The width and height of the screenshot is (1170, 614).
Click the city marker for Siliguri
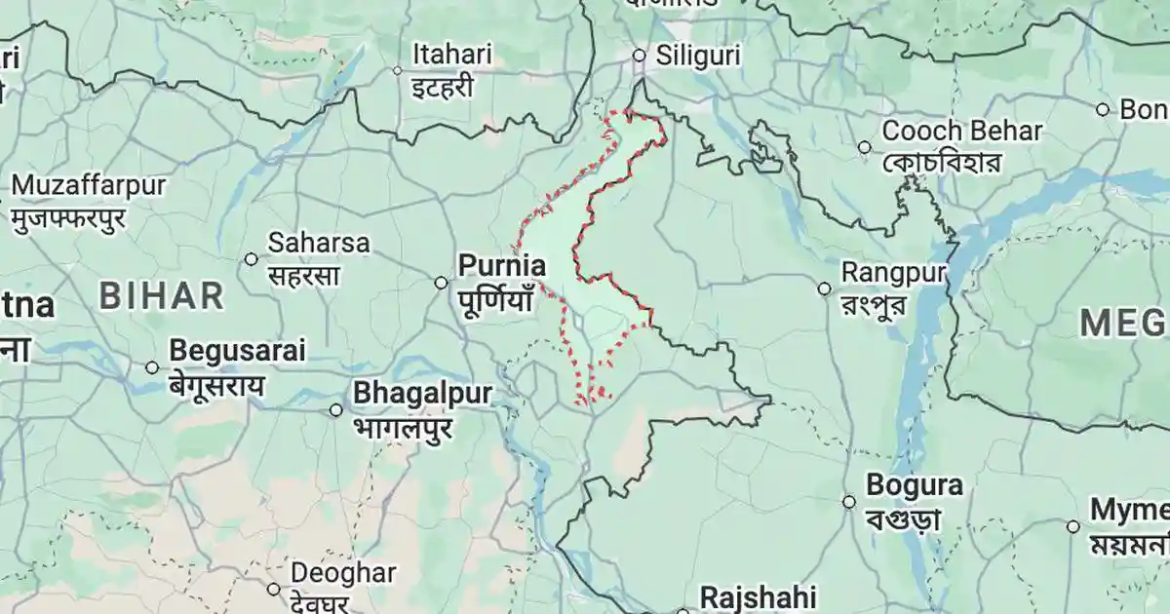coord(640,56)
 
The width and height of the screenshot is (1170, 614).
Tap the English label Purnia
coord(502,265)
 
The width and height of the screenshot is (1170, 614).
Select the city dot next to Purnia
coord(441,283)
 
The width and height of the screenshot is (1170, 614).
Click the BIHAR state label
coord(162,295)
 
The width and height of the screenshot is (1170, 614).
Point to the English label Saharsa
coord(319,243)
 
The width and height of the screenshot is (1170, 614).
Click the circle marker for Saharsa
coord(252,259)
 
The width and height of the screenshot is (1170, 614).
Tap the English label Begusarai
coord(237,350)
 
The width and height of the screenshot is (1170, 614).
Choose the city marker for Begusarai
coord(152,367)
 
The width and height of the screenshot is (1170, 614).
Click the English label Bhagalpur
coord(422,393)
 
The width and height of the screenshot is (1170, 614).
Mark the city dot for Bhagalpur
coord(335,410)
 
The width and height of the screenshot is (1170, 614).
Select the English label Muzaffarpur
coord(89,185)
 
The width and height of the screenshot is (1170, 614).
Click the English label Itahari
coord(451,54)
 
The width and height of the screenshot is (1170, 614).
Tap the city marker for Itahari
coord(397,70)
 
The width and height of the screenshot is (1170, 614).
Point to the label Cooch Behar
coord(961,131)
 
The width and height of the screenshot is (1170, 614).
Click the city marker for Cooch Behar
coord(864,147)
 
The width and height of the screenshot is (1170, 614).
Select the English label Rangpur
coord(893,272)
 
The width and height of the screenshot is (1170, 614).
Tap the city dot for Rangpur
coord(824,288)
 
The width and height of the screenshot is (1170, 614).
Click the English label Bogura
coord(915,485)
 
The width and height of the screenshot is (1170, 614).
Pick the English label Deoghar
coord(343,573)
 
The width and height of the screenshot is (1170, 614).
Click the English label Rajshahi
coord(758,596)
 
